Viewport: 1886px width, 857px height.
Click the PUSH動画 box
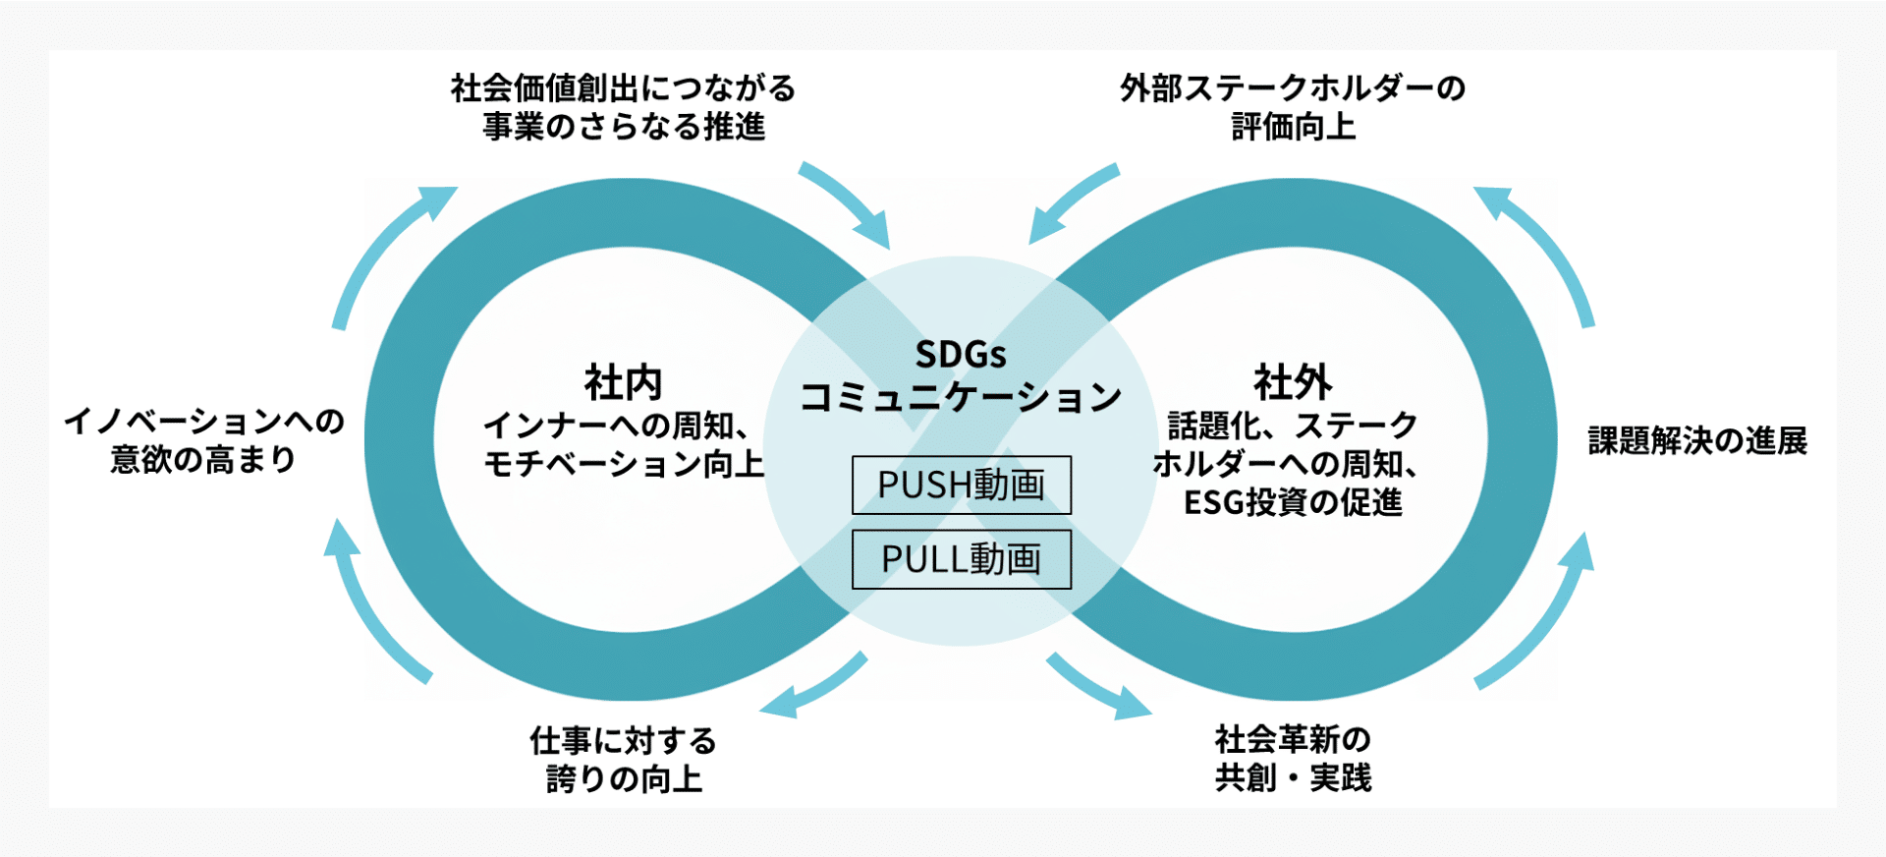click(x=961, y=485)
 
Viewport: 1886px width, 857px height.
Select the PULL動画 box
click(x=961, y=559)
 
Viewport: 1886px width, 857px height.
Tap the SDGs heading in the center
click(x=961, y=354)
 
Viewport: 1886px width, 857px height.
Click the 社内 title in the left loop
click(x=624, y=382)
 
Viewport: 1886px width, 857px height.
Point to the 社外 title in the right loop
click(x=1293, y=382)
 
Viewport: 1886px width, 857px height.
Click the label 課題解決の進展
click(x=1697, y=440)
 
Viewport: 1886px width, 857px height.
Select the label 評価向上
click(x=1293, y=127)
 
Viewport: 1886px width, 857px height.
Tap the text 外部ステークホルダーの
click(x=1293, y=88)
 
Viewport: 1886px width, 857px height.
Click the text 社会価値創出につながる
click(x=624, y=88)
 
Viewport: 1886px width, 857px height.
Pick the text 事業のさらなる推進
click(x=624, y=127)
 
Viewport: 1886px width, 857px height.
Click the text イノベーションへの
click(x=204, y=422)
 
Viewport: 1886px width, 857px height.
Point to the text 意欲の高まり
click(x=203, y=459)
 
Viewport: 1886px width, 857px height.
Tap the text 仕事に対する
click(x=624, y=740)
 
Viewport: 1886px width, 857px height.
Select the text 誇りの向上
click(x=624, y=778)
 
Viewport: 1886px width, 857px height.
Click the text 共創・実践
click(x=1293, y=777)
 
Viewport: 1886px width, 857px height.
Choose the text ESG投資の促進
click(x=1293, y=502)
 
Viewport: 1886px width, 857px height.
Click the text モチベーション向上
click(x=624, y=464)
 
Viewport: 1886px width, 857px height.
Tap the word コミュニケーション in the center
click(x=961, y=397)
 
